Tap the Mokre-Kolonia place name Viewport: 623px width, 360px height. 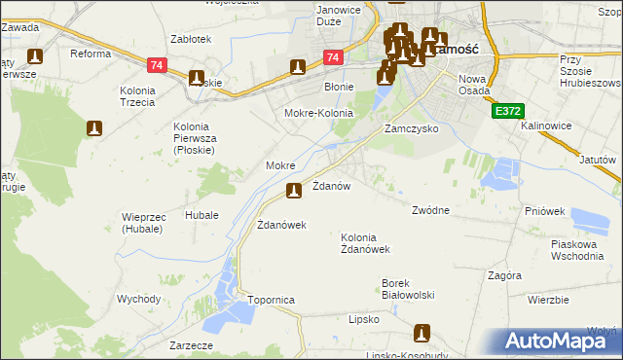click(x=318, y=113)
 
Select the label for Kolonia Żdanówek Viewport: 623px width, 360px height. click(x=365, y=243)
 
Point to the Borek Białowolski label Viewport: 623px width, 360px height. click(x=407, y=289)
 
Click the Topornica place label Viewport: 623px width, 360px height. click(x=271, y=300)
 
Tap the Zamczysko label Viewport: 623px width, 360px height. click(x=411, y=128)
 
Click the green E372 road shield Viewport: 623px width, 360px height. click(x=504, y=113)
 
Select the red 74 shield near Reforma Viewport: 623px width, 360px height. click(x=156, y=65)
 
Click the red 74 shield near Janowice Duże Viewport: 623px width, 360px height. click(x=333, y=58)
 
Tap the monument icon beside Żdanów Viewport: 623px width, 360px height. click(x=293, y=191)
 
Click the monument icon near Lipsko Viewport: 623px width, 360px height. click(x=421, y=333)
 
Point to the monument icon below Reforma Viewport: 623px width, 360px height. click(x=94, y=128)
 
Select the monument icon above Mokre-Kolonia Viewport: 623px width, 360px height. click(x=298, y=67)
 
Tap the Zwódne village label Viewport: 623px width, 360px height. click(x=430, y=210)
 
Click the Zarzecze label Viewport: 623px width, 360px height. click(x=190, y=344)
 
